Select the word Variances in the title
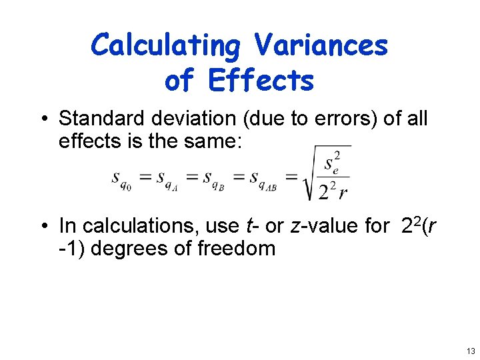tap(321, 45)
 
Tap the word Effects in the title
tap(261, 81)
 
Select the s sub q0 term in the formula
tap(121, 179)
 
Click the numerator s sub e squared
tap(331, 163)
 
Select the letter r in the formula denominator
tap(343, 193)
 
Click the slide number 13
tap(471, 351)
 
